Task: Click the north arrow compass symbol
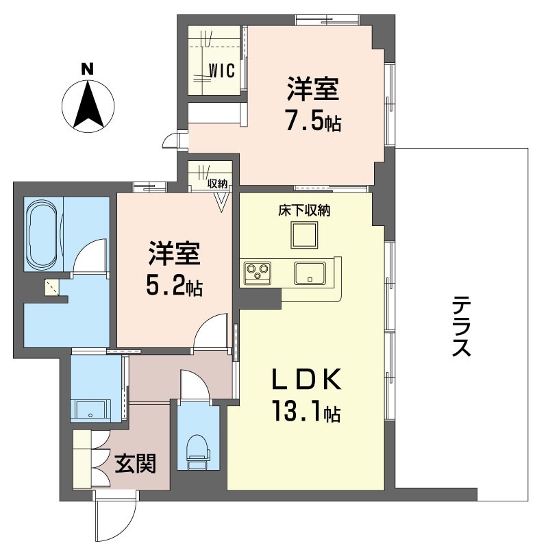pyautogui.click(x=88, y=106)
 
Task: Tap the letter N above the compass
pyautogui.click(x=88, y=69)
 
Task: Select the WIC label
pyautogui.click(x=222, y=71)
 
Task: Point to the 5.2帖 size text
pyautogui.click(x=175, y=286)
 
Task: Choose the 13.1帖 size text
pyautogui.click(x=306, y=411)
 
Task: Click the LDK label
pyautogui.click(x=306, y=379)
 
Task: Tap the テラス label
pyautogui.click(x=461, y=326)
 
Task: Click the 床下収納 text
pyautogui.click(x=304, y=210)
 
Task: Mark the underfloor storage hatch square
pyautogui.click(x=304, y=234)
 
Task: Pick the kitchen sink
pyautogui.click(x=310, y=273)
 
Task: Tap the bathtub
pyautogui.click(x=43, y=234)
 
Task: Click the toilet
pyautogui.click(x=198, y=451)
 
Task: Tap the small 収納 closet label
pyautogui.click(x=217, y=184)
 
